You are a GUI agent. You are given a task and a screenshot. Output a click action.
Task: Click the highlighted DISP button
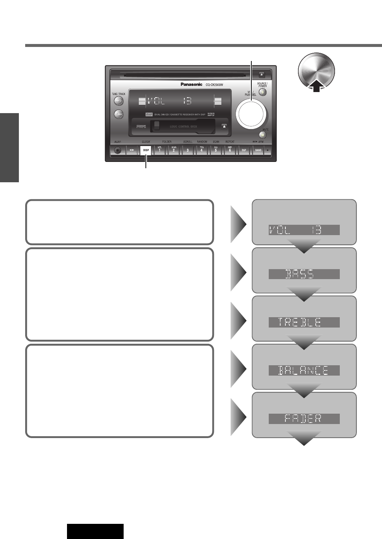(146, 150)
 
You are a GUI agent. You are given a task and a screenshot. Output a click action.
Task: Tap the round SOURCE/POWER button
(262, 92)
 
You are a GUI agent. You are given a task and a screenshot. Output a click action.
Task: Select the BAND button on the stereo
(258, 150)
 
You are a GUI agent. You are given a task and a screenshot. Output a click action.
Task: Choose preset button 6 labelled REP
(229, 150)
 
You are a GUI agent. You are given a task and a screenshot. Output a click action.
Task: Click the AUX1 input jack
(118, 150)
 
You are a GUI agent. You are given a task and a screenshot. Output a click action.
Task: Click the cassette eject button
(224, 126)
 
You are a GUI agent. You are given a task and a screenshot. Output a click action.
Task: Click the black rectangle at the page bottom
(95, 531)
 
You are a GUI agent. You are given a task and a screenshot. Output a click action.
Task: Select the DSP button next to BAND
(244, 150)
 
